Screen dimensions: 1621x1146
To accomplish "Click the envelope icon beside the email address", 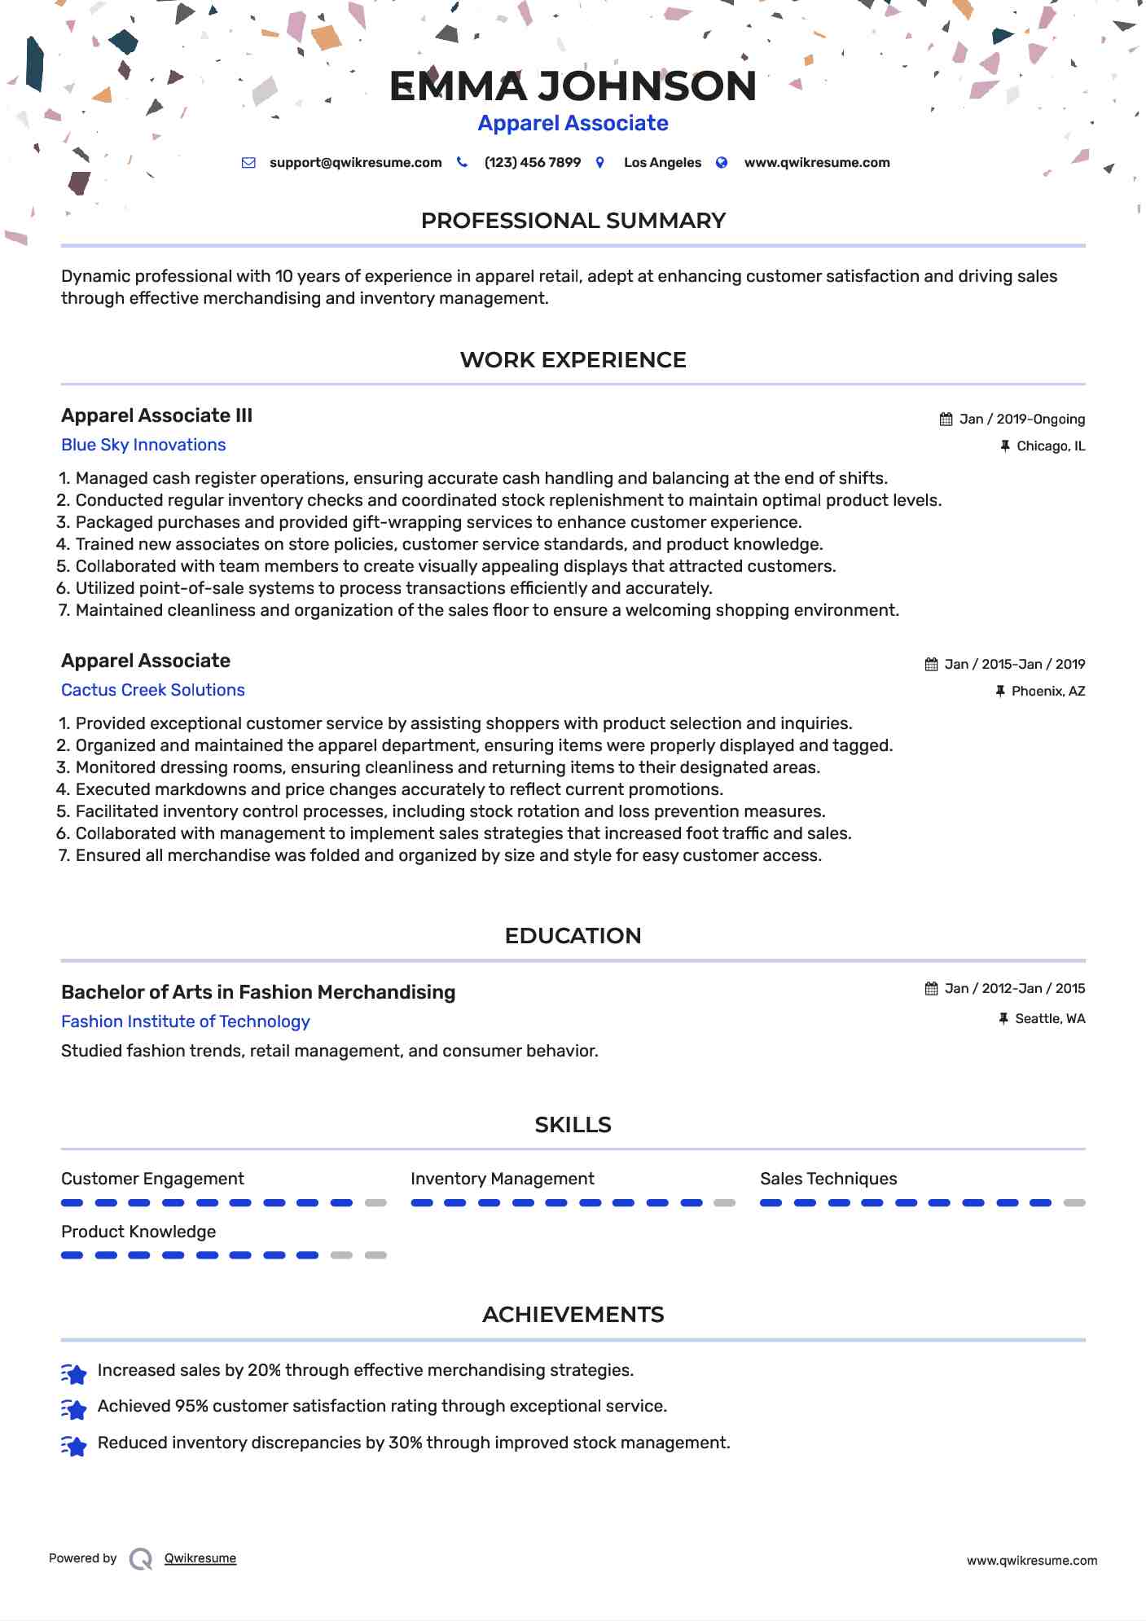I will pos(248,163).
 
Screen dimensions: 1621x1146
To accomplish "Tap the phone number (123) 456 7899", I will pos(532,163).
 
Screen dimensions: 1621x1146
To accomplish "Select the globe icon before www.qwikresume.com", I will pos(722,163).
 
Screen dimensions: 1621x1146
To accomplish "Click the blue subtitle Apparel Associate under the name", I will pos(573,123).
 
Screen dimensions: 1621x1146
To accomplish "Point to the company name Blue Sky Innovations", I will pos(143,445).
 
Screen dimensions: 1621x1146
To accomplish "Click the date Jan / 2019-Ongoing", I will pos(1021,420).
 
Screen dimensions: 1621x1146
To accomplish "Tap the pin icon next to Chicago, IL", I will pos(1005,446).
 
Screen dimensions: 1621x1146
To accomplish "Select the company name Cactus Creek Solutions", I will pos(153,690).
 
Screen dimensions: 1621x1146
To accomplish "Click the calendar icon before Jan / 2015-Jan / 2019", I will pos(931,665).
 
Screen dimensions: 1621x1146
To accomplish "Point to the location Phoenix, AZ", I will pos(1047,692).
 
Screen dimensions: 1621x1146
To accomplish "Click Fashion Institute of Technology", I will pos(186,1021).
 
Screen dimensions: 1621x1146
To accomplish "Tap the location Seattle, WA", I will pos(1049,1019).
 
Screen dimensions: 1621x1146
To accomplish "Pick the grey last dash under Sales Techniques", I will pos(1074,1203).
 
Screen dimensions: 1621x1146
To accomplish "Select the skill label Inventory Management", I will pos(502,1179).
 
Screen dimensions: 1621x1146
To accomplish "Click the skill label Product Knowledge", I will pos(138,1232).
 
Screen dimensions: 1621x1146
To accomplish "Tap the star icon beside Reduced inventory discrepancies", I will pos(74,1447).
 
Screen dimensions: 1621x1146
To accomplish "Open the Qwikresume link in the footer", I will pos(200,1558).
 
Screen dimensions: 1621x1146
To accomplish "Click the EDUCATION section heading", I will pos(573,936).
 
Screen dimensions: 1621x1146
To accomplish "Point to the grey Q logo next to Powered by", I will pos(141,1559).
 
